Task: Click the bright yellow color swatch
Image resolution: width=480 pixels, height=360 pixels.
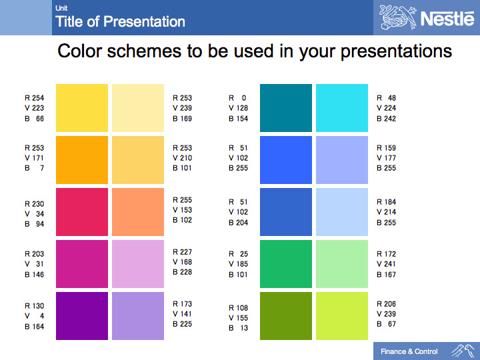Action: pos(82,108)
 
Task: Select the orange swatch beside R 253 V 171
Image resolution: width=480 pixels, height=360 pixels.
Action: pos(82,160)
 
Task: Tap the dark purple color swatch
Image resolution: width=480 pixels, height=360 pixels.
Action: pos(82,316)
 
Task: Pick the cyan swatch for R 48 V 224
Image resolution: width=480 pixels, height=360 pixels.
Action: pos(342,108)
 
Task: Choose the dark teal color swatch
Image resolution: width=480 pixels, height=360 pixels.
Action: pos(286,108)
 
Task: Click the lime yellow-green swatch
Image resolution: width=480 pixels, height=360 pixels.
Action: pos(342,316)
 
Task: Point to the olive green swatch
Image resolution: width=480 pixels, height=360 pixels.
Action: pos(286,316)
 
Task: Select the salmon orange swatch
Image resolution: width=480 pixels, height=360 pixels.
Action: pos(138,212)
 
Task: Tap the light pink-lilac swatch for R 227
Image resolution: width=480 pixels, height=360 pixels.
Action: pos(138,264)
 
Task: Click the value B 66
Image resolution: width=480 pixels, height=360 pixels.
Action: pos(34,119)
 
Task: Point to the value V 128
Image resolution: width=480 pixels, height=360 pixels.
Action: pos(238,108)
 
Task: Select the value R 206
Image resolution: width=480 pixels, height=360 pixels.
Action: pos(386,304)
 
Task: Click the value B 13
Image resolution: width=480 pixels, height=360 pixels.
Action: pos(238,328)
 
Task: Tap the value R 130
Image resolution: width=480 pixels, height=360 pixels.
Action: pos(34,306)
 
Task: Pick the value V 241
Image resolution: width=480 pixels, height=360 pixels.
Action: pos(386,264)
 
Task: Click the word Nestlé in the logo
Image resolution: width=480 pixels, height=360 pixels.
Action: pos(447,19)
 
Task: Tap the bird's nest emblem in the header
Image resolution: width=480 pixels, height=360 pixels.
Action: pos(398,17)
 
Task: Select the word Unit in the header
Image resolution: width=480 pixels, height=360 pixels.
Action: pos(61,8)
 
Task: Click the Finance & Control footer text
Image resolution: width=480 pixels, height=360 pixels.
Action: pos(409,351)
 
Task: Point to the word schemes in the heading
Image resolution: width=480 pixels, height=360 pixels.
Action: pos(144,51)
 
